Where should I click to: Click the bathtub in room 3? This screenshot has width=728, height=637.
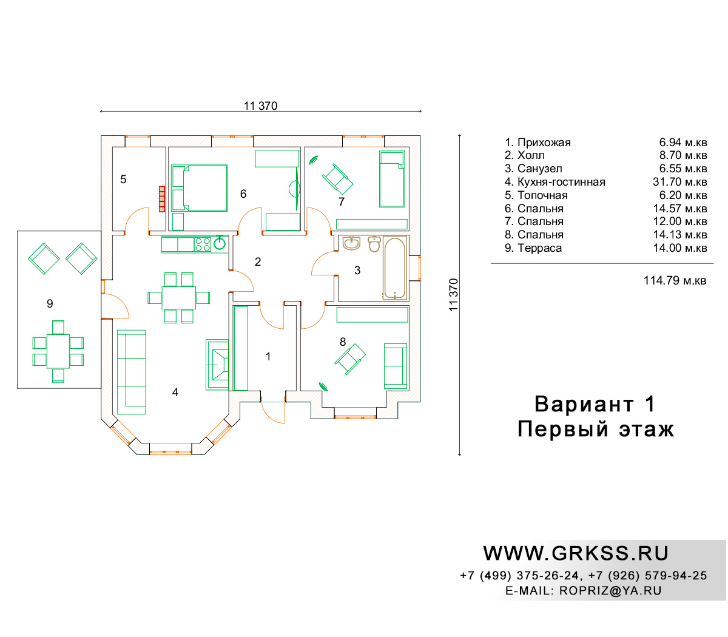394,268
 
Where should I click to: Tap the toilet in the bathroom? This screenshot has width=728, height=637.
374,244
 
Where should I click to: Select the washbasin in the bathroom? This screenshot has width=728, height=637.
351,243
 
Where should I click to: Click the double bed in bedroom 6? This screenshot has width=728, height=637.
199,188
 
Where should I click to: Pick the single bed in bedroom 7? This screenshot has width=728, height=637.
392,179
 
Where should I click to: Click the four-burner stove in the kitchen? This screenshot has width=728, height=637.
203,244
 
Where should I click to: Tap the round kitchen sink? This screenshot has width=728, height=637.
220,243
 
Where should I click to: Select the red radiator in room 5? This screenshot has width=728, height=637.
162,199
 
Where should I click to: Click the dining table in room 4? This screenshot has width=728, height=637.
178,297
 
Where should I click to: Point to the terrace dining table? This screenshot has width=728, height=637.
58,351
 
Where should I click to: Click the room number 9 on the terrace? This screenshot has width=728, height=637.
50,303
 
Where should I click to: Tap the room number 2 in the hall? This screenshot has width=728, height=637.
258,262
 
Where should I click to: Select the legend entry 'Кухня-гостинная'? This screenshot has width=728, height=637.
561,182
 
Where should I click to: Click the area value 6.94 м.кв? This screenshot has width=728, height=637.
683,143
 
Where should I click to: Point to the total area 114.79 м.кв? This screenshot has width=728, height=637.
675,280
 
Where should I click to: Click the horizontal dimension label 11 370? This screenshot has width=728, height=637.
260,106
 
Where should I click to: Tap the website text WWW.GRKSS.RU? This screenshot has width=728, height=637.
576,553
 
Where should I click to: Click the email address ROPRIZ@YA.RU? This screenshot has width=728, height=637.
610,591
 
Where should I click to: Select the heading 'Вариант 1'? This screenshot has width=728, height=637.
595,404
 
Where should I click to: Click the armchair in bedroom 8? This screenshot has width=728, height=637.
350,359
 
